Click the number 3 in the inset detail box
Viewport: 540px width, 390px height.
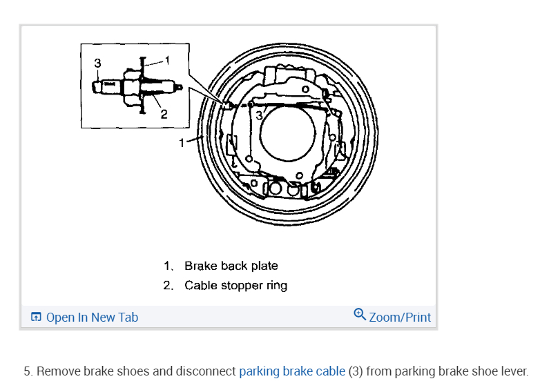[x=97, y=63]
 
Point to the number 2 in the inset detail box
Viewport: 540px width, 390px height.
[x=164, y=114]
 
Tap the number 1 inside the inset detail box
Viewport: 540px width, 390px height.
[x=166, y=59]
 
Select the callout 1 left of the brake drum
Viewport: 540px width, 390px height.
[x=182, y=143]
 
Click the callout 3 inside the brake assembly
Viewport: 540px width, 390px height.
[x=260, y=115]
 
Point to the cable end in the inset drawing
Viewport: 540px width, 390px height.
[x=104, y=87]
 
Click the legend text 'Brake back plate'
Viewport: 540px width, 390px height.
[x=231, y=266]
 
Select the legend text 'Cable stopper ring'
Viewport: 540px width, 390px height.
[x=235, y=285]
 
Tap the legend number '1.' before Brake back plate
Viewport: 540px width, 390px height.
[x=168, y=266]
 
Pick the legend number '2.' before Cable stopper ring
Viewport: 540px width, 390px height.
[x=168, y=285]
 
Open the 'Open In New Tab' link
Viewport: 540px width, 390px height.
[x=92, y=318]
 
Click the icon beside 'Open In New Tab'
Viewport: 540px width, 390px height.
[x=36, y=318]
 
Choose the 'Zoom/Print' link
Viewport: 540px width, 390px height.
[x=400, y=318]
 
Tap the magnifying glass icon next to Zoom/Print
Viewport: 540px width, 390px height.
[x=360, y=315]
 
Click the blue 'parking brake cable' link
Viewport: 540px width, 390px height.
[x=291, y=371]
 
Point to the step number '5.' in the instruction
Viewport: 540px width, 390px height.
[x=28, y=371]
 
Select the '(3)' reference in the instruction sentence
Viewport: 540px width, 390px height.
[x=356, y=371]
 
